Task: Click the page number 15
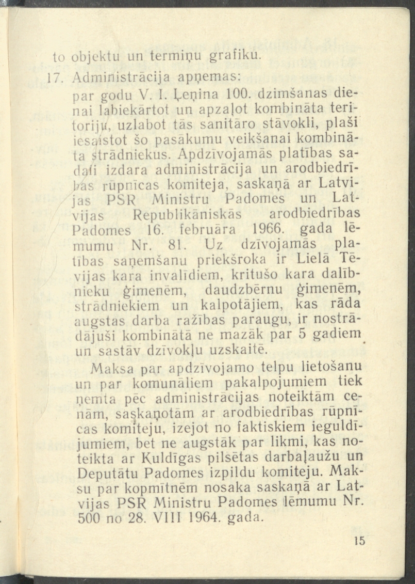[359, 541]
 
